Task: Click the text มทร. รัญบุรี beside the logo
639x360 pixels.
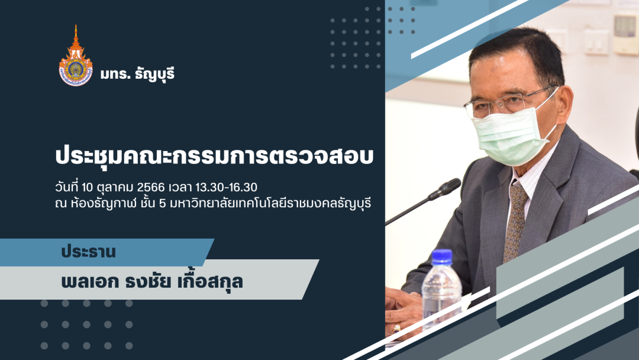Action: (138, 74)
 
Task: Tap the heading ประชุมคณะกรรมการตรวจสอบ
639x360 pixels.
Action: (214, 157)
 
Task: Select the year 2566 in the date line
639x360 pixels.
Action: (151, 187)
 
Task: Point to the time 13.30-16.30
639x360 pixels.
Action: (226, 187)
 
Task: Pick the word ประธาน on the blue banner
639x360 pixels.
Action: (88, 252)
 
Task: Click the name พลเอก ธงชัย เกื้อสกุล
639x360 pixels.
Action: (152, 282)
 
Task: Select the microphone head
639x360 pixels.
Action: (447, 187)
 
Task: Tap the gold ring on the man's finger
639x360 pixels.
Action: (396, 327)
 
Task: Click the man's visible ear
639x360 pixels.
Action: (564, 104)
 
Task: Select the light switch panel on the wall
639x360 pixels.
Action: (596, 41)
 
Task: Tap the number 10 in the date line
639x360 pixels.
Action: (88, 188)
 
